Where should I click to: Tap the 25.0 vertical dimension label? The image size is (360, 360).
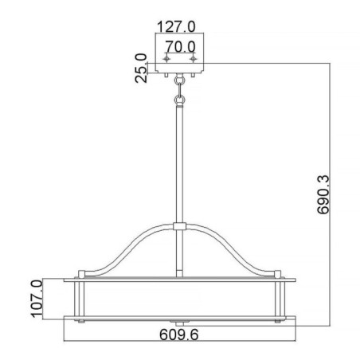(142, 68)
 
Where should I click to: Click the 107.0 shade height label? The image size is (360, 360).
(37, 298)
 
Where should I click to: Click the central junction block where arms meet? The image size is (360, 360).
(180, 228)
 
